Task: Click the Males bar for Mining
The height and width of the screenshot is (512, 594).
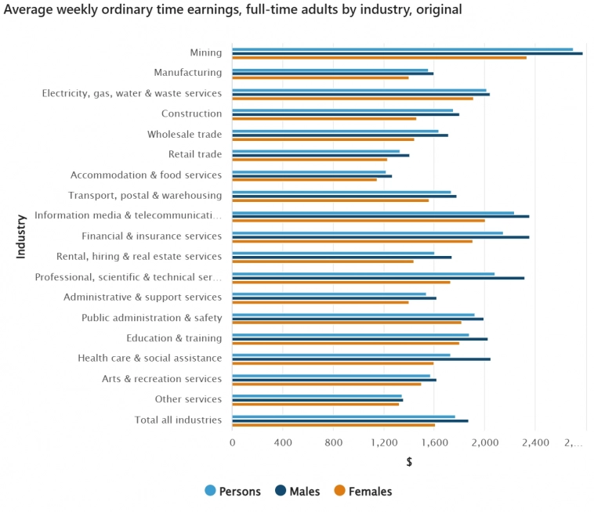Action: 407,53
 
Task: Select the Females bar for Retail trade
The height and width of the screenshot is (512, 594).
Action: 310,160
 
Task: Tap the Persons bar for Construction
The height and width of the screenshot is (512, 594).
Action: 342,110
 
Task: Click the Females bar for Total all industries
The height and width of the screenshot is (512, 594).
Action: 334,425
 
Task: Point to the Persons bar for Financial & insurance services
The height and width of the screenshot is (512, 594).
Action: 368,233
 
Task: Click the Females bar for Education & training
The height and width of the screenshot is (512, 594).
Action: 346,343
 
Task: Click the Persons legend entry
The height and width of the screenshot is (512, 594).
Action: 232,492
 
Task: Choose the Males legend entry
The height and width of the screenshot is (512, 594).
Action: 297,492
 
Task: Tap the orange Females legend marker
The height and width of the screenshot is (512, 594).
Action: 339,491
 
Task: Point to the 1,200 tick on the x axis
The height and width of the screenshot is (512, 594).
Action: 384,442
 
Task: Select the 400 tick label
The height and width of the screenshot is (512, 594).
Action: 283,442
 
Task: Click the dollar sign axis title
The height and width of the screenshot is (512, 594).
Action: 409,462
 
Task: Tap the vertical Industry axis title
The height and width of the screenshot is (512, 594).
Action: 21,236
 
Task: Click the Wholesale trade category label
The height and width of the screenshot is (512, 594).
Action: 184,134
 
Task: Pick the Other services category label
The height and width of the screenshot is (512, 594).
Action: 188,399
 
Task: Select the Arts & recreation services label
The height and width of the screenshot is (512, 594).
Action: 161,379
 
